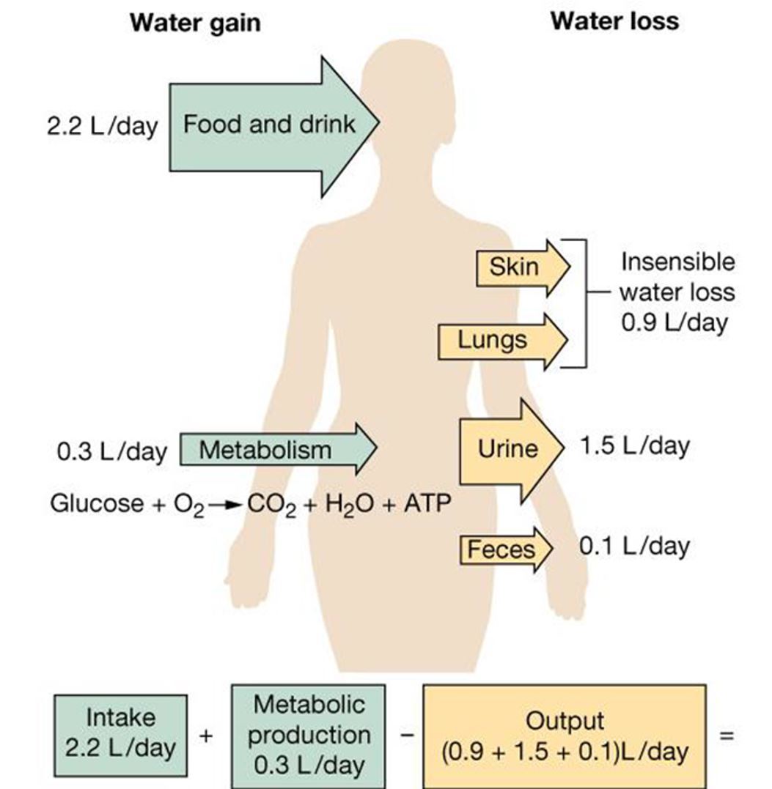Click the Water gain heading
pyautogui.click(x=194, y=23)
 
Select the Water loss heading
pyautogui.click(x=614, y=21)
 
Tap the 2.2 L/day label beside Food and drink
pyautogui.click(x=101, y=126)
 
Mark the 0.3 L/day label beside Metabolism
pyautogui.click(x=111, y=451)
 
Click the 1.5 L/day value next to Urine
pyautogui.click(x=633, y=446)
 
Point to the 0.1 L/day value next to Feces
pyautogui.click(x=633, y=547)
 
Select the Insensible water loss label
pyautogui.click(x=676, y=292)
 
